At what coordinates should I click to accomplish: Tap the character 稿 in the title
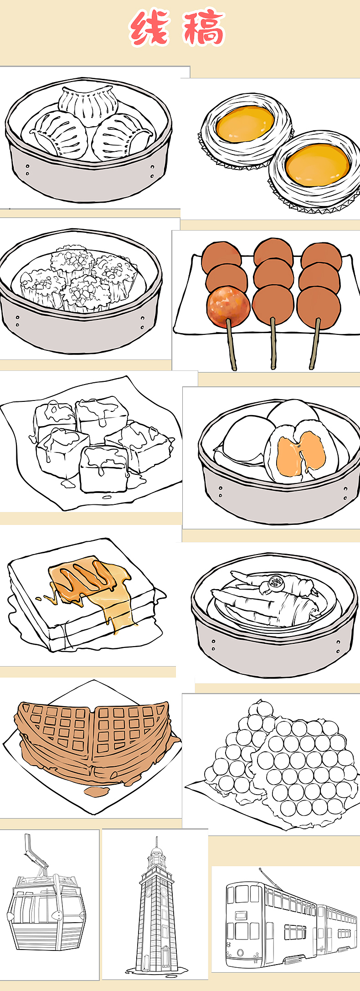(x=204, y=28)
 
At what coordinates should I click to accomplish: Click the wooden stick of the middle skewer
(x=273, y=344)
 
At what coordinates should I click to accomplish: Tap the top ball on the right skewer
(x=321, y=256)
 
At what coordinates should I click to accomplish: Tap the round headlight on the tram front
(x=240, y=952)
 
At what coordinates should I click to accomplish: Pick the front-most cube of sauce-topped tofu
(x=103, y=469)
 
